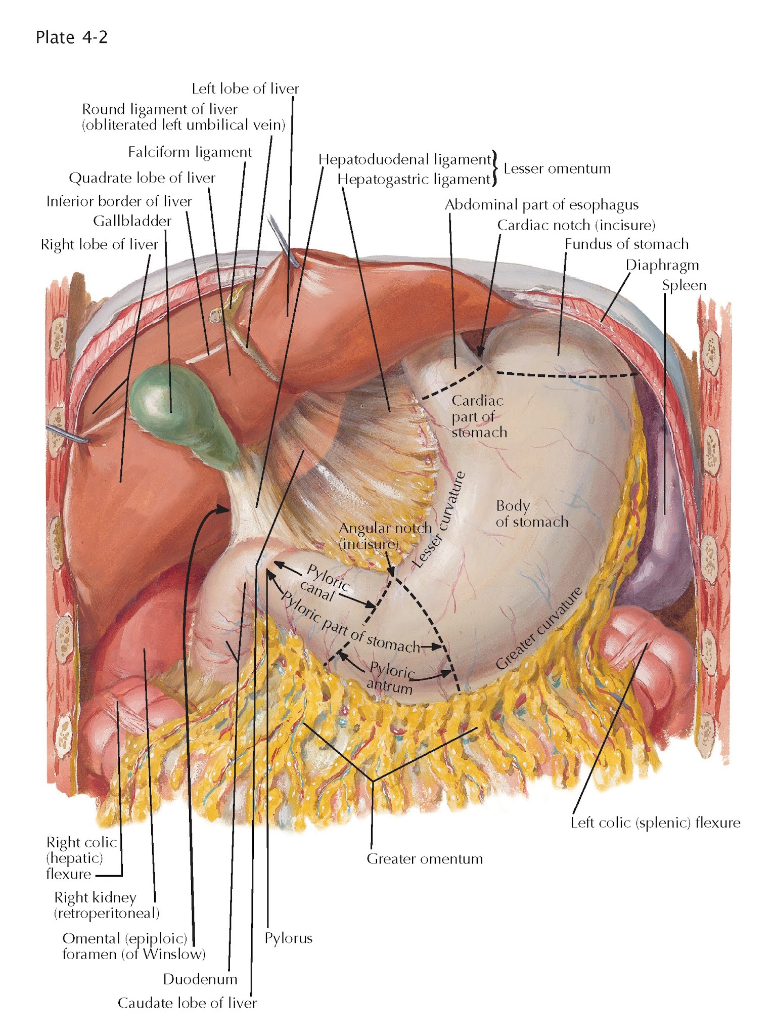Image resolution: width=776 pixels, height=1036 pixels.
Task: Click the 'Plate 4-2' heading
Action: click(x=71, y=37)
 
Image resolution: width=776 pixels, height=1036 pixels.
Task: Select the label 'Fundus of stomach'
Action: click(x=626, y=244)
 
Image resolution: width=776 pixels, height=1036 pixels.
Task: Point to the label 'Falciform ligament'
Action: click(x=190, y=152)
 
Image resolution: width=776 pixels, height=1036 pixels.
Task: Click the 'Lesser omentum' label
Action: click(x=557, y=168)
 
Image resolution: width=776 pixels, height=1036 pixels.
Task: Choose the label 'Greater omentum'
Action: click(x=425, y=858)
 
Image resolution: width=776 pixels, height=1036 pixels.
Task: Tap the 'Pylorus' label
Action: click(x=288, y=938)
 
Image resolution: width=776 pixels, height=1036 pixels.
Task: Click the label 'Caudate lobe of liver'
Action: click(x=187, y=1003)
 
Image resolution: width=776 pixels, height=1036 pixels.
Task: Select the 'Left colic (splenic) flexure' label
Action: click(x=655, y=823)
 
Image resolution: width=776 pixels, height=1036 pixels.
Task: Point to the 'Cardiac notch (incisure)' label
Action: click(x=576, y=225)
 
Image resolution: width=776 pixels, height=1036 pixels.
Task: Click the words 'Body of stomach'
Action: click(x=531, y=513)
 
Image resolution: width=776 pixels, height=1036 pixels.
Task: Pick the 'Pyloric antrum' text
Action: click(x=391, y=678)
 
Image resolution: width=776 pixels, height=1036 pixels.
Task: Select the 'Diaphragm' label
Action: click(x=662, y=265)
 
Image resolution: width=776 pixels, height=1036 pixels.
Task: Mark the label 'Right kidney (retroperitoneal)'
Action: click(x=106, y=905)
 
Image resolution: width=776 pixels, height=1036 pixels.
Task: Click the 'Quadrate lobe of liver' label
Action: click(x=142, y=178)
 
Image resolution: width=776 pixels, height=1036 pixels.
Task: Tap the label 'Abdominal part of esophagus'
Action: click(x=541, y=204)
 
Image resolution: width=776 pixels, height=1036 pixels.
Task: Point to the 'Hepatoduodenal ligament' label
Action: click(x=404, y=159)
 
